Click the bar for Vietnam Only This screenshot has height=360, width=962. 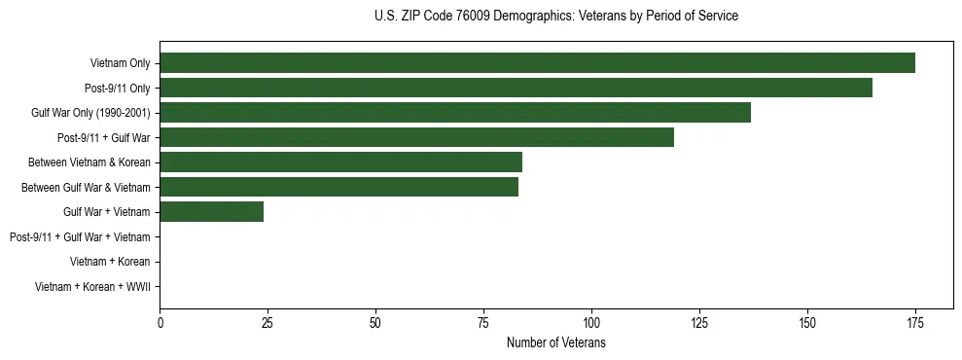click(x=537, y=63)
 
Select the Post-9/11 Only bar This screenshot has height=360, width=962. click(x=516, y=88)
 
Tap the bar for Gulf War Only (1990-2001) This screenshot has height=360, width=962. click(x=455, y=113)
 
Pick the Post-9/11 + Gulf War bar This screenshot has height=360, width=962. click(x=416, y=137)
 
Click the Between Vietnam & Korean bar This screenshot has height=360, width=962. click(x=340, y=162)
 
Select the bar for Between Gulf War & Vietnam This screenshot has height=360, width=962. click(x=338, y=187)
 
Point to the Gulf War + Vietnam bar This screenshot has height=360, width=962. click(x=211, y=211)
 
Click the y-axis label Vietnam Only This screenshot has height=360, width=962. click(x=120, y=63)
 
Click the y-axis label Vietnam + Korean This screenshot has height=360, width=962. click(x=110, y=262)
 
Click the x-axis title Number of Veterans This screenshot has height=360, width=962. click(x=555, y=342)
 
